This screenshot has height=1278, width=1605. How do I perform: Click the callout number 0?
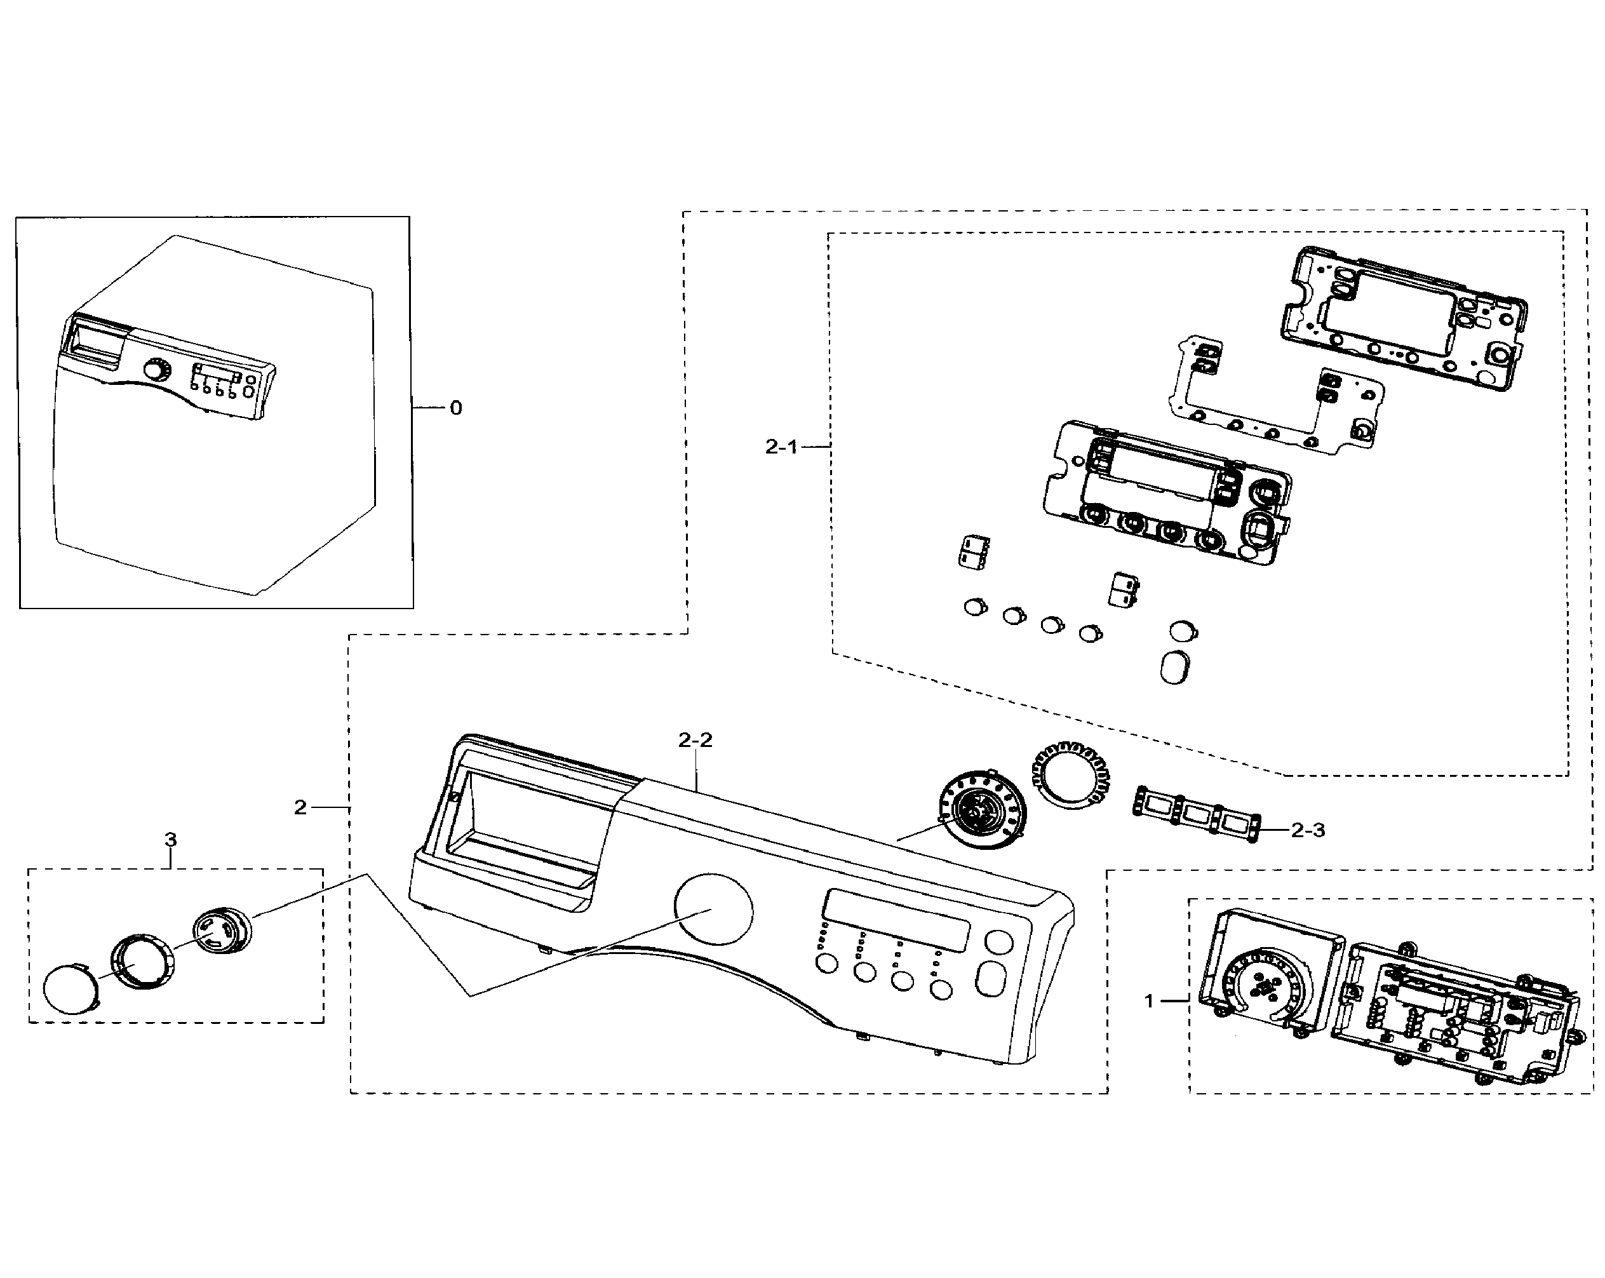coord(455,408)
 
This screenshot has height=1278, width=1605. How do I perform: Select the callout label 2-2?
coord(695,740)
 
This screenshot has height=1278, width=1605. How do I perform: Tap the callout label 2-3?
coord(1308,831)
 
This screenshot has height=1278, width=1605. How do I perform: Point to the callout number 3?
coord(170,840)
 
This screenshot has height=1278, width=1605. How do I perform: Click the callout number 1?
coord(1149,1001)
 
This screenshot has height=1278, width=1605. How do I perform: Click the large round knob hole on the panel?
coord(713,910)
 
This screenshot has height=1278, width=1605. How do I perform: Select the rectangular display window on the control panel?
coord(896,920)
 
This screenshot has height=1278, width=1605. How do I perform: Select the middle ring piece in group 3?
coord(143,963)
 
